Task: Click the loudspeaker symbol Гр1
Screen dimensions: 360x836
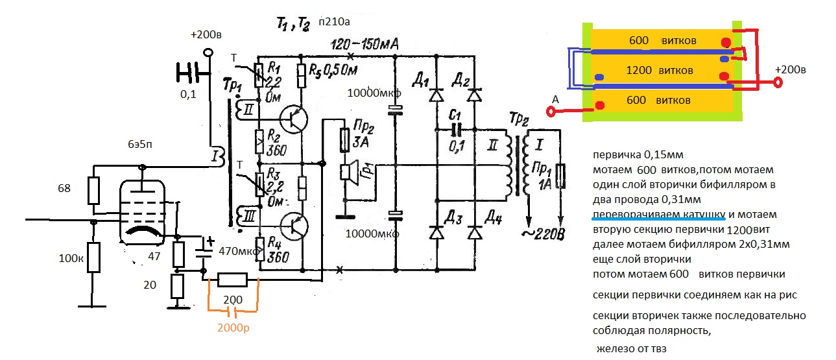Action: click(x=348, y=171)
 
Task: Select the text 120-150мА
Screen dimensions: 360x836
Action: click(x=363, y=44)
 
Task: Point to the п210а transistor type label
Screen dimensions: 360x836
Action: click(x=334, y=23)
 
